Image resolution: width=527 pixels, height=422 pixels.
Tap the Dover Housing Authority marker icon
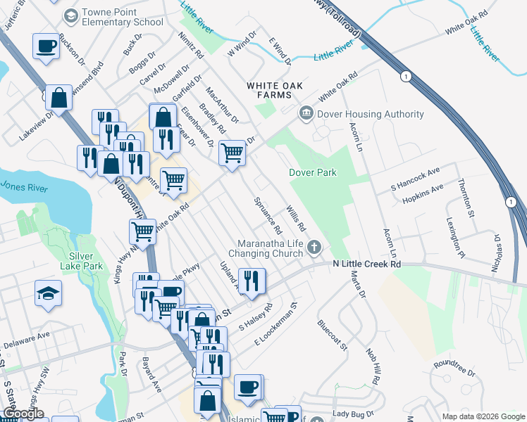tap(306, 113)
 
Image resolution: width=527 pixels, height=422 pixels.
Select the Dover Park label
tap(313, 172)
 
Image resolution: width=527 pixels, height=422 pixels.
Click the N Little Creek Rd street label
tap(366, 264)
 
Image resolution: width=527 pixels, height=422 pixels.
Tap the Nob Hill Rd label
tap(373, 366)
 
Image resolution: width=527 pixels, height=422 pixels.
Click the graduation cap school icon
tap(48, 293)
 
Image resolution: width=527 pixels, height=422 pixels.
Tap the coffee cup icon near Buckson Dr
tap(46, 46)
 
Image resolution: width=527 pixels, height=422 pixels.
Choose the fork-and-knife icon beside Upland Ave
tap(252, 281)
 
